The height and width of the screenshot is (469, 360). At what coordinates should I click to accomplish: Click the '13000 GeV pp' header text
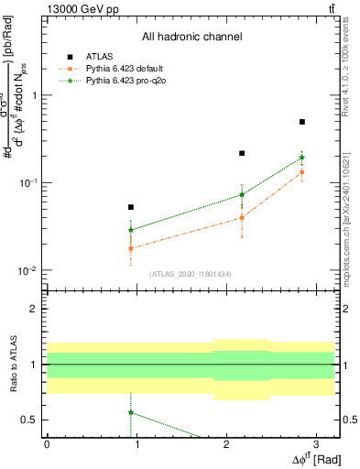tap(82, 8)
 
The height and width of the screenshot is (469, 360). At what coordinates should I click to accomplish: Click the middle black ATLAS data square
tap(242, 153)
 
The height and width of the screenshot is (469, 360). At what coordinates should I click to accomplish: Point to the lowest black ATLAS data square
tap(131, 207)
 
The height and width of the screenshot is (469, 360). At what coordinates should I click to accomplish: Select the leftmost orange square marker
tap(131, 248)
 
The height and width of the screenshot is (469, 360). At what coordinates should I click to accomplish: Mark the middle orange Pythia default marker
tap(242, 218)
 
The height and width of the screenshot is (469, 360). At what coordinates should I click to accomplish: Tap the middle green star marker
tap(242, 194)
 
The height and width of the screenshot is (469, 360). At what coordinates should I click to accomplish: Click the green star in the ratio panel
tap(131, 412)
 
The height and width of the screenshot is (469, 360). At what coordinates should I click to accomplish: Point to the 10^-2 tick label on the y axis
tap(31, 271)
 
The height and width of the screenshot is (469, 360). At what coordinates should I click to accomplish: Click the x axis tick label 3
tap(315, 443)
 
